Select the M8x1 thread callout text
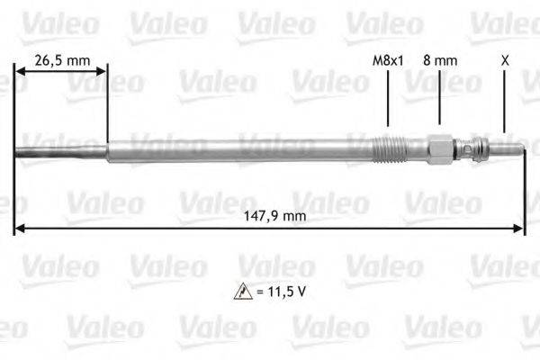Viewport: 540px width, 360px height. pyautogui.click(x=388, y=59)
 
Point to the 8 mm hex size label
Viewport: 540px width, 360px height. pyautogui.click(x=441, y=59)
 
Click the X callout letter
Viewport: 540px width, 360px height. pyautogui.click(x=505, y=59)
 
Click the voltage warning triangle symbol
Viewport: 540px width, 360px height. pyautogui.click(x=238, y=292)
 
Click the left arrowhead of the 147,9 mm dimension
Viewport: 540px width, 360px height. pyautogui.click(x=20, y=229)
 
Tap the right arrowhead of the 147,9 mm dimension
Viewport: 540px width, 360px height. pyautogui.click(x=519, y=229)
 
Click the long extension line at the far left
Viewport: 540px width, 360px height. pyautogui.click(x=15, y=180)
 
